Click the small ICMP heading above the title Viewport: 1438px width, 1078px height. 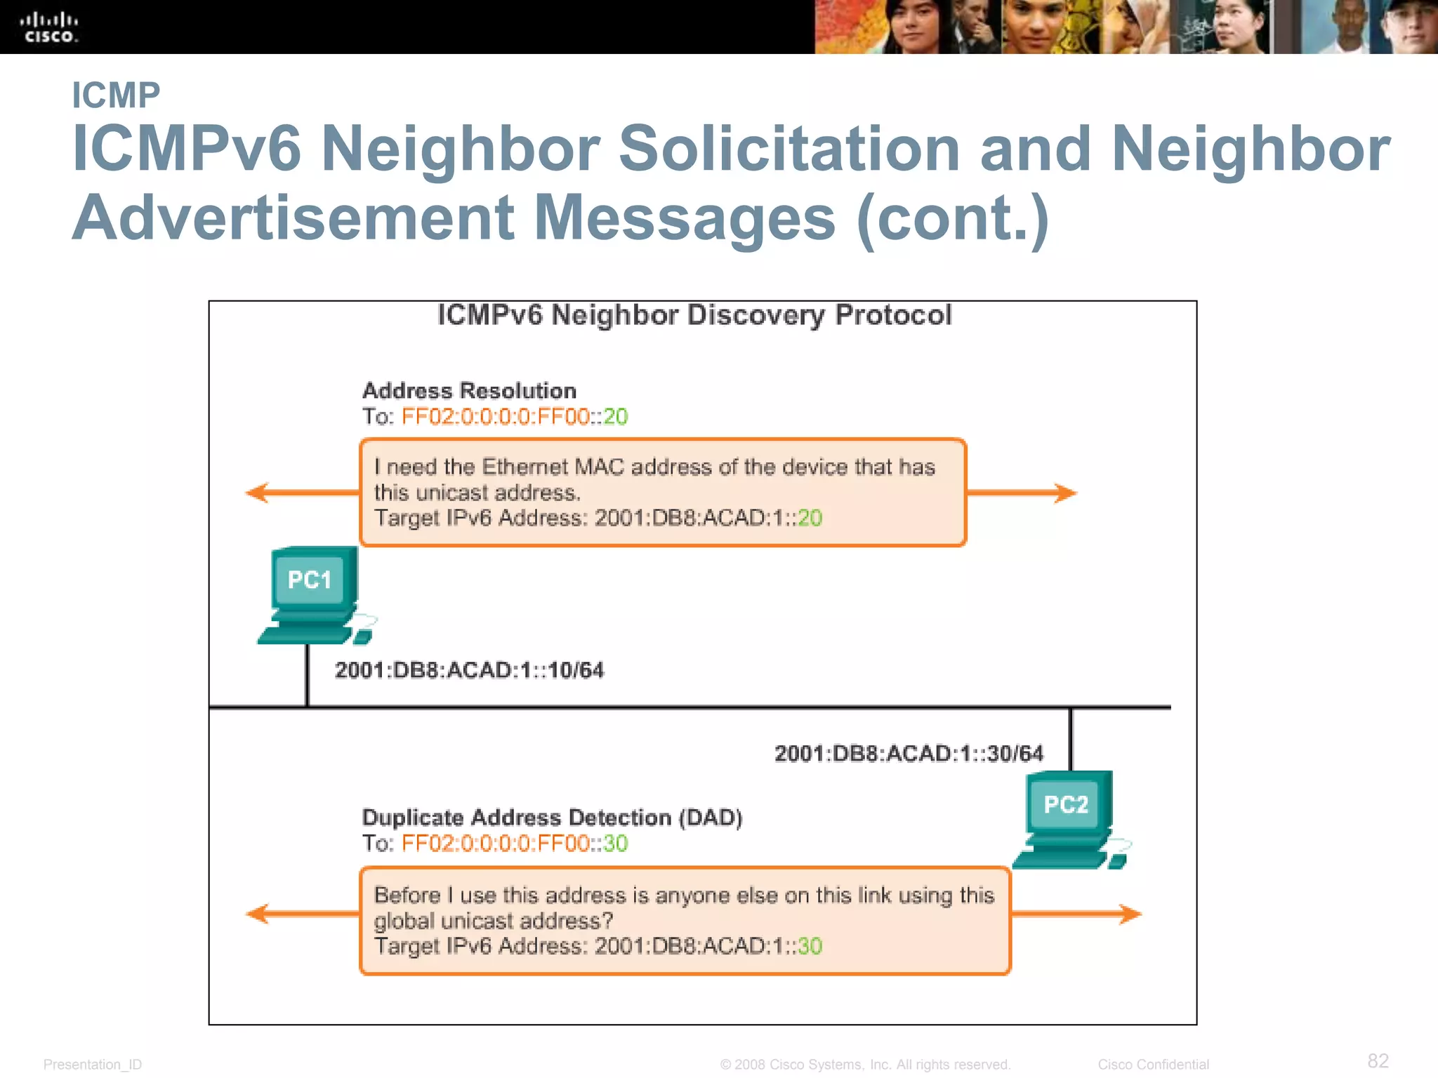[x=116, y=95]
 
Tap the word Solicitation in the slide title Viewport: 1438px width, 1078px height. [x=789, y=149]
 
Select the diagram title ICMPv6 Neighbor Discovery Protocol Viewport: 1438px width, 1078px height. [x=694, y=315]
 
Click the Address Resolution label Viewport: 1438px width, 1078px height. [x=469, y=390]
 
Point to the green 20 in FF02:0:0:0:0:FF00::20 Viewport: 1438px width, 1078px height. [x=616, y=417]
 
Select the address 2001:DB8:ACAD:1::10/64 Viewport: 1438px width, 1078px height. [x=469, y=670]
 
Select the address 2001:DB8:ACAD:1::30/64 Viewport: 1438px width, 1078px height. [x=909, y=754]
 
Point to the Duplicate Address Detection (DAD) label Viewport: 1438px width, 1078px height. [x=552, y=818]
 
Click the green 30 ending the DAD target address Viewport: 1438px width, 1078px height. [x=810, y=946]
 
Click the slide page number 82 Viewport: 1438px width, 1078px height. [x=1378, y=1060]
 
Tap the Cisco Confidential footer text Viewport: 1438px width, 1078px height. [x=1153, y=1065]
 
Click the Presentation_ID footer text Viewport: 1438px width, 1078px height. [x=93, y=1065]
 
